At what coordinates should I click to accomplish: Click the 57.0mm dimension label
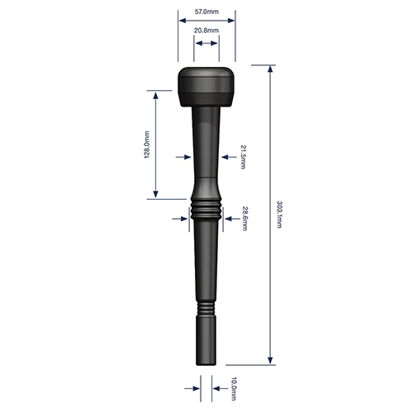206,12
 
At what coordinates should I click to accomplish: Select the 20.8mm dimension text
206,31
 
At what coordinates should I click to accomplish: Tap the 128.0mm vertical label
147,145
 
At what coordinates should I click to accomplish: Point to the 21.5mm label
243,157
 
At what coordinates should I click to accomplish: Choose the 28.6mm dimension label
244,218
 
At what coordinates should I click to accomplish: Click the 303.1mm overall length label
279,215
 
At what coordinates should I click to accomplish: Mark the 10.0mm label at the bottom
234,389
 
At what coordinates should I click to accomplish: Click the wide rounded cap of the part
206,87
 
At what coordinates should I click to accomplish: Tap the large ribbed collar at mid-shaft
206,212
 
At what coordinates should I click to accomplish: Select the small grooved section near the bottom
206,309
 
